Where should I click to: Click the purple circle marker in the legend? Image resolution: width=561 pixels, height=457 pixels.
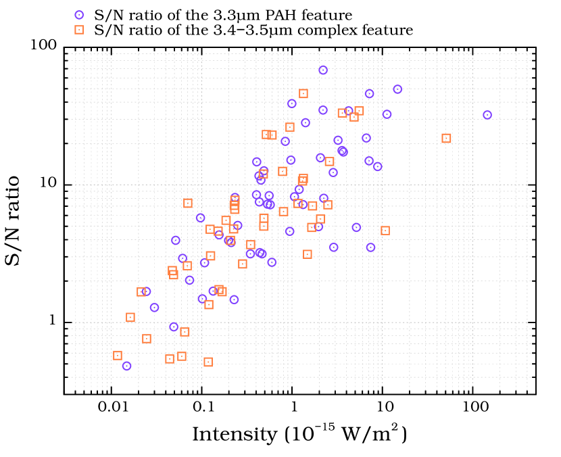[79, 15]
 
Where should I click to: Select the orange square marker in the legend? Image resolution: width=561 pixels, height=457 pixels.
[79, 30]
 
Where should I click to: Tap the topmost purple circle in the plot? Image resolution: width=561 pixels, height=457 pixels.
[323, 70]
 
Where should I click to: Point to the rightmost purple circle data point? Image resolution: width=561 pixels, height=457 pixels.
[487, 115]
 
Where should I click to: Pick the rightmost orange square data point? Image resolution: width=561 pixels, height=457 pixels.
[446, 139]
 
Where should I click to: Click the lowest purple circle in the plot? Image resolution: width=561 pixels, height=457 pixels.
[126, 366]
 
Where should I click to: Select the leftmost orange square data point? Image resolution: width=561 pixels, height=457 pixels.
[118, 356]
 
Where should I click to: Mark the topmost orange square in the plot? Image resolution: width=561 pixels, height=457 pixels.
[303, 94]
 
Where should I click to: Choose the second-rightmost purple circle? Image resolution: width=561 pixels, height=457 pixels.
[397, 89]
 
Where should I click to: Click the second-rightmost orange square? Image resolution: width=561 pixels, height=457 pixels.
[385, 231]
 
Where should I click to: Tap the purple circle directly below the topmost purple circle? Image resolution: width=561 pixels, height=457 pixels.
[323, 110]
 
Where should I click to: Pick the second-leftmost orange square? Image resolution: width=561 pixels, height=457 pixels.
[130, 317]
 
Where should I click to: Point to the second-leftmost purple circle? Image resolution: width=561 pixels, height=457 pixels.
[146, 291]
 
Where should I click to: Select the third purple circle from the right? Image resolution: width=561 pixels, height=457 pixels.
[387, 114]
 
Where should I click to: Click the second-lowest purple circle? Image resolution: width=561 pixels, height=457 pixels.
[174, 327]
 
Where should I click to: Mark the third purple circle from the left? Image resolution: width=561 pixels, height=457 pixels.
[154, 308]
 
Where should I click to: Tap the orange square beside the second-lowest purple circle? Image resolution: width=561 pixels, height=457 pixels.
[185, 332]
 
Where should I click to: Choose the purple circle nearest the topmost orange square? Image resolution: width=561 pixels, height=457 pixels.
[292, 103]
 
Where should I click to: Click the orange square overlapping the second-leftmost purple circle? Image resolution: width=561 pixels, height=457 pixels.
[141, 292]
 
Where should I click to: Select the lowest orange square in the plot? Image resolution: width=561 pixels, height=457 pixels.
[208, 362]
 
